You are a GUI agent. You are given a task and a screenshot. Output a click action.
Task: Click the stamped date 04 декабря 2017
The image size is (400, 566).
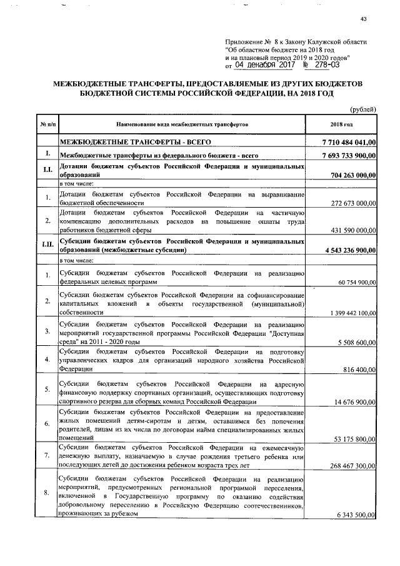(x=264, y=64)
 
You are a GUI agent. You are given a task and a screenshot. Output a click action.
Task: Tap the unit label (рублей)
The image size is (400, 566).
(x=362, y=109)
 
